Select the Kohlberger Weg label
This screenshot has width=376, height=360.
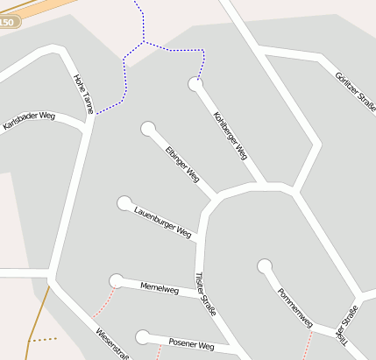[231, 135]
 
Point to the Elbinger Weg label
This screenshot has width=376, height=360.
[182, 164]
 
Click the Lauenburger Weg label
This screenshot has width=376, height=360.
[162, 222]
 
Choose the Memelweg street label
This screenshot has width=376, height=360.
[160, 289]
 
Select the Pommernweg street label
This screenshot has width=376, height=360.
[294, 307]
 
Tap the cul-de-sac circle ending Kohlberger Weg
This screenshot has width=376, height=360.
[195, 84]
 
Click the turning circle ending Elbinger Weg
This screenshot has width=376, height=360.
[148, 129]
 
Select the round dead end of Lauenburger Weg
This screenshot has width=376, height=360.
[124, 203]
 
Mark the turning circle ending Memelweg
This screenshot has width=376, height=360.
[116, 280]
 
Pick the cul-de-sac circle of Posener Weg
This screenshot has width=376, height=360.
[143, 337]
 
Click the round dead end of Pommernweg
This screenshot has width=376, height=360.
[264, 265]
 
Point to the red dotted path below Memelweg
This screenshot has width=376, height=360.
[102, 303]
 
